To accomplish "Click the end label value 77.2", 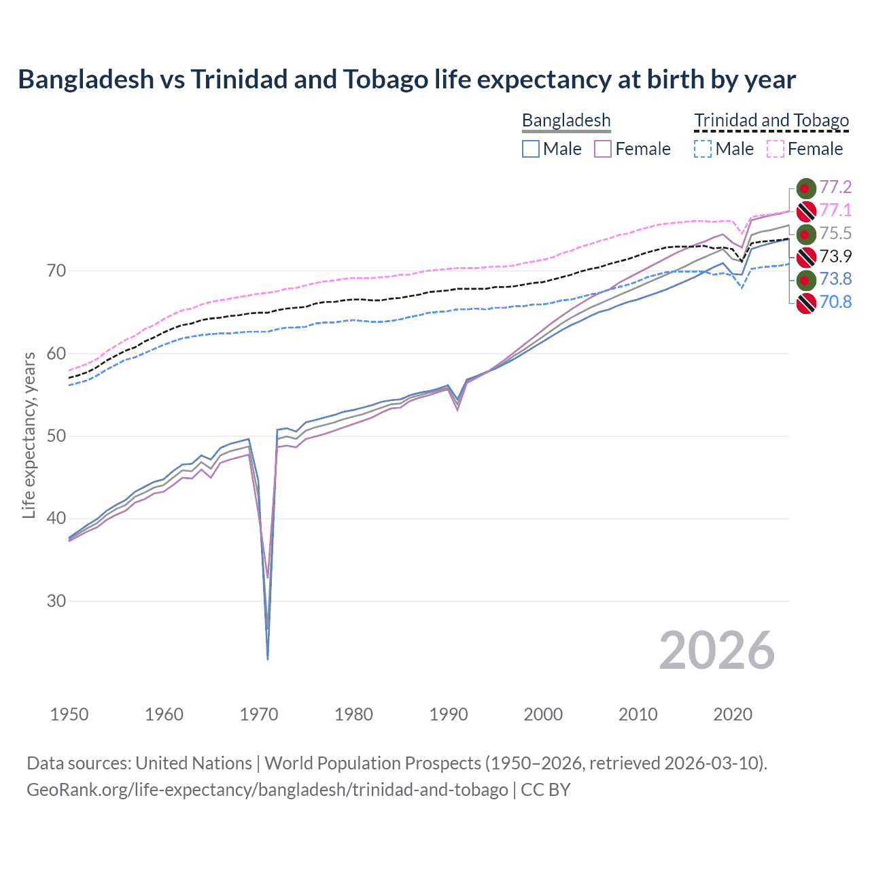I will [x=835, y=188].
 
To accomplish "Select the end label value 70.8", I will [x=835, y=302].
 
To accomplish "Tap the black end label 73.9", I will [x=835, y=256].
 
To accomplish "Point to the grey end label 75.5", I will [x=835, y=233].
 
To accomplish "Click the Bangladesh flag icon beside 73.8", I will [x=805, y=279].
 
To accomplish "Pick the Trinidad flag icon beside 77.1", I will [x=805, y=211].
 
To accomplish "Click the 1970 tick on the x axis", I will [x=259, y=714].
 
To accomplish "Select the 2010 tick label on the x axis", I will [x=638, y=714].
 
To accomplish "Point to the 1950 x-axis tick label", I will [x=69, y=714].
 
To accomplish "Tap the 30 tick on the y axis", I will [x=56, y=602].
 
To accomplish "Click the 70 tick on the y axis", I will [x=56, y=271].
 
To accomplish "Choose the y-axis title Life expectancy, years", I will [x=29, y=435].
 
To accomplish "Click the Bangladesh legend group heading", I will [x=566, y=121].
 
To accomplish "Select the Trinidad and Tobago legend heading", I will [x=771, y=121].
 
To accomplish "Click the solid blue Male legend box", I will [x=531, y=149].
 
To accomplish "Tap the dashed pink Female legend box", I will [x=776, y=149].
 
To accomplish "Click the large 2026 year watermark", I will [x=716, y=651].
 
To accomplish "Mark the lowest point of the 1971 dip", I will [x=268, y=659].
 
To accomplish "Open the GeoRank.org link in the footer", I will [x=267, y=790].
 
